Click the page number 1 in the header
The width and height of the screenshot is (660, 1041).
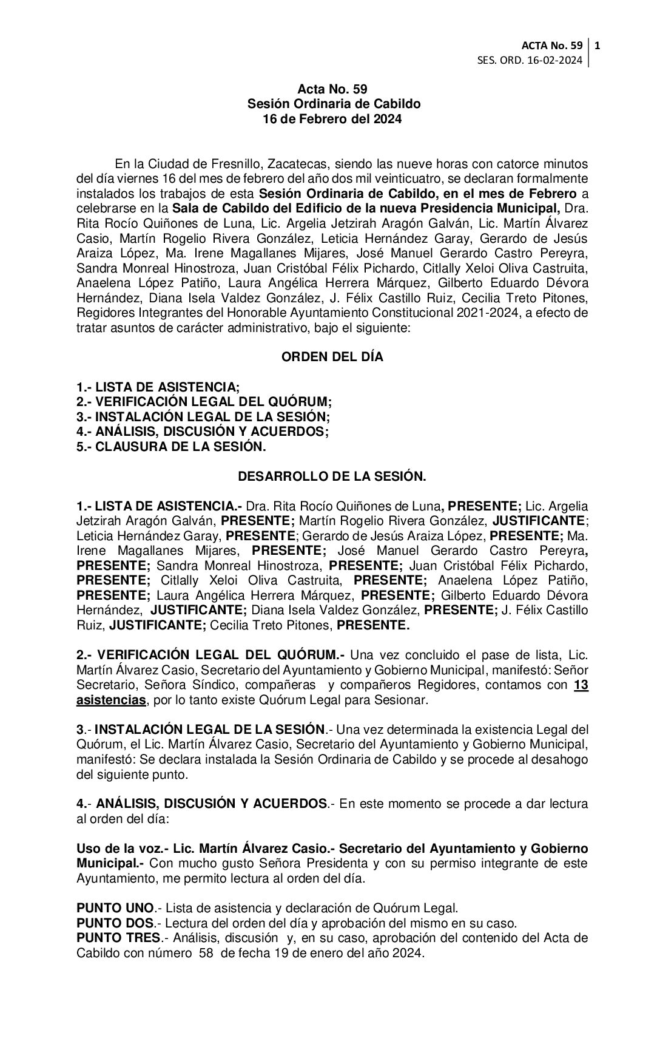click(598, 46)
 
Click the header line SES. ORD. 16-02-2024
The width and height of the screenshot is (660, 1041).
click(530, 60)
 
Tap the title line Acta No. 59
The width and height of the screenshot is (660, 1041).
click(332, 90)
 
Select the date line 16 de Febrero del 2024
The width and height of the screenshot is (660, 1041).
click(332, 120)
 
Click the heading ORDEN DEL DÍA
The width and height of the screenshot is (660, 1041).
click(332, 357)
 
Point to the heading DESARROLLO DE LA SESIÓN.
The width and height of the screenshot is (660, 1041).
click(332, 476)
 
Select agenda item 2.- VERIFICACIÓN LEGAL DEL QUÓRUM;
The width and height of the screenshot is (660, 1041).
click(204, 402)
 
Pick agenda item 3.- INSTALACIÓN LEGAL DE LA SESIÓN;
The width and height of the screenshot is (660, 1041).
click(203, 417)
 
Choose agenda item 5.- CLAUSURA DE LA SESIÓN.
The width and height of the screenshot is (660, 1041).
click(171, 447)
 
